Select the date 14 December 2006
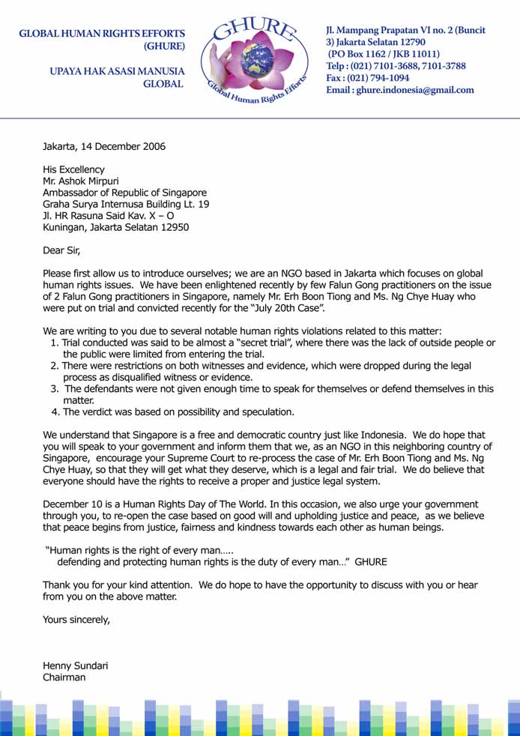[126, 147]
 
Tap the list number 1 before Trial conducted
[54, 343]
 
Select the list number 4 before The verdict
[54, 411]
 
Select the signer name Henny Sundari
[75, 666]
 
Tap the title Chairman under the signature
[64, 678]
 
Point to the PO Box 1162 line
[384, 54]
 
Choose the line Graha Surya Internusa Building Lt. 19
[126, 204]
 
